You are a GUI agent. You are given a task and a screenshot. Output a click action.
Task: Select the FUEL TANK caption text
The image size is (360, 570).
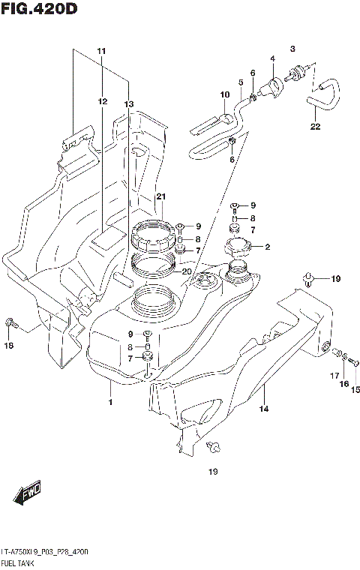point(23,561)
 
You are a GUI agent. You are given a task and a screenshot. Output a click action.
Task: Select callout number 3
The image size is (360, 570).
point(293,47)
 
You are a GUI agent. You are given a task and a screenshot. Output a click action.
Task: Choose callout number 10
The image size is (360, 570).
point(223,94)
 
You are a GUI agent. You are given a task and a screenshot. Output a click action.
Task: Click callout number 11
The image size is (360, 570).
point(101,50)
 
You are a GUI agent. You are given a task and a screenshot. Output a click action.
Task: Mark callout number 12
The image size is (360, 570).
point(101,100)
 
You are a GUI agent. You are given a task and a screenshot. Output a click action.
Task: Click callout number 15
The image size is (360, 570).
point(355,388)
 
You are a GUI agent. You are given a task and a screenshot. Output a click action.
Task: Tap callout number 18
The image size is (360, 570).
point(10,346)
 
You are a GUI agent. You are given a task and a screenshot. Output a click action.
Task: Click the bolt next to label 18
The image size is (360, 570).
point(10,323)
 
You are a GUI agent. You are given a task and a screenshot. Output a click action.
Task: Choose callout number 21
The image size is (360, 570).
point(160,196)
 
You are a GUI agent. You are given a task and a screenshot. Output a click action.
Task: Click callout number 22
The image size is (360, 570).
point(316,126)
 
